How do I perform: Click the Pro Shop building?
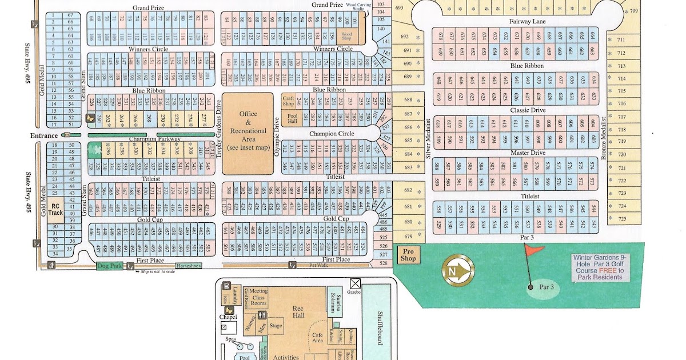[x=408, y=255]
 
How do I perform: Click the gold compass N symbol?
[x=457, y=269]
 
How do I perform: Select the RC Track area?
[x=55, y=210]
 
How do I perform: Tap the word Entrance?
[x=45, y=135]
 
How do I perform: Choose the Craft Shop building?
[x=288, y=101]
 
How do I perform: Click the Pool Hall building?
[x=292, y=119]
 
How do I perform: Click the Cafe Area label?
[x=317, y=338]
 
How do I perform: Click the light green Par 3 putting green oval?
[x=537, y=288]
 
